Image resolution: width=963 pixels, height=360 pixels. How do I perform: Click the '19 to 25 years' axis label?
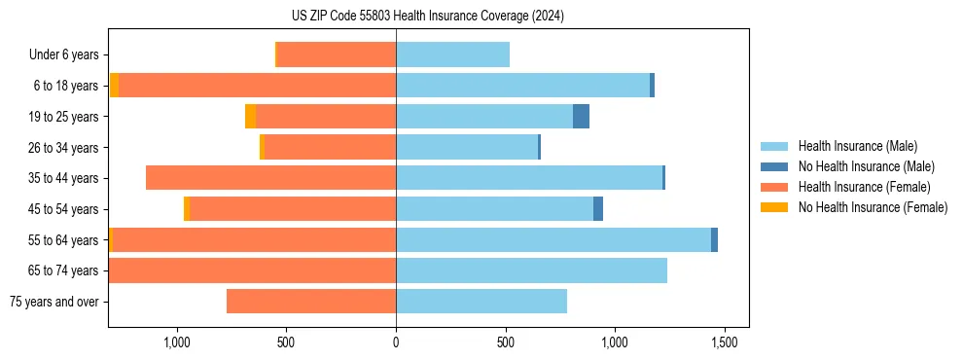[63, 117]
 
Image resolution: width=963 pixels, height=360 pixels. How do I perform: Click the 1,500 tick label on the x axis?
[724, 342]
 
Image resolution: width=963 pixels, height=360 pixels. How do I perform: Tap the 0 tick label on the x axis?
[396, 342]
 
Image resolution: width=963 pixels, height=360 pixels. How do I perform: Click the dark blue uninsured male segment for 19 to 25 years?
[581, 117]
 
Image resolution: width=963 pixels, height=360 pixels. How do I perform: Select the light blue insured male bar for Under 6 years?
[452, 54]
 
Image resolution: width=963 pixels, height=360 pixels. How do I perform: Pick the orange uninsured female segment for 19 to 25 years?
[250, 117]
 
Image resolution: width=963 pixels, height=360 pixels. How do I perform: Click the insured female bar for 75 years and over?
[311, 302]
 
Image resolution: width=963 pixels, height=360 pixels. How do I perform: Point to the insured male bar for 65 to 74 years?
[531, 270]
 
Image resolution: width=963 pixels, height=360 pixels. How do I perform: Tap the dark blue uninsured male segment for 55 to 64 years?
[714, 239]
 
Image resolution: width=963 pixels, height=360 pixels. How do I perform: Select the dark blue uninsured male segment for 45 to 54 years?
[598, 209]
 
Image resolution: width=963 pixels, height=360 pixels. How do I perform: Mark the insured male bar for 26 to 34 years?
[467, 147]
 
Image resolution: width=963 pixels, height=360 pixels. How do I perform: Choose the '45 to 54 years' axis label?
[63, 209]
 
